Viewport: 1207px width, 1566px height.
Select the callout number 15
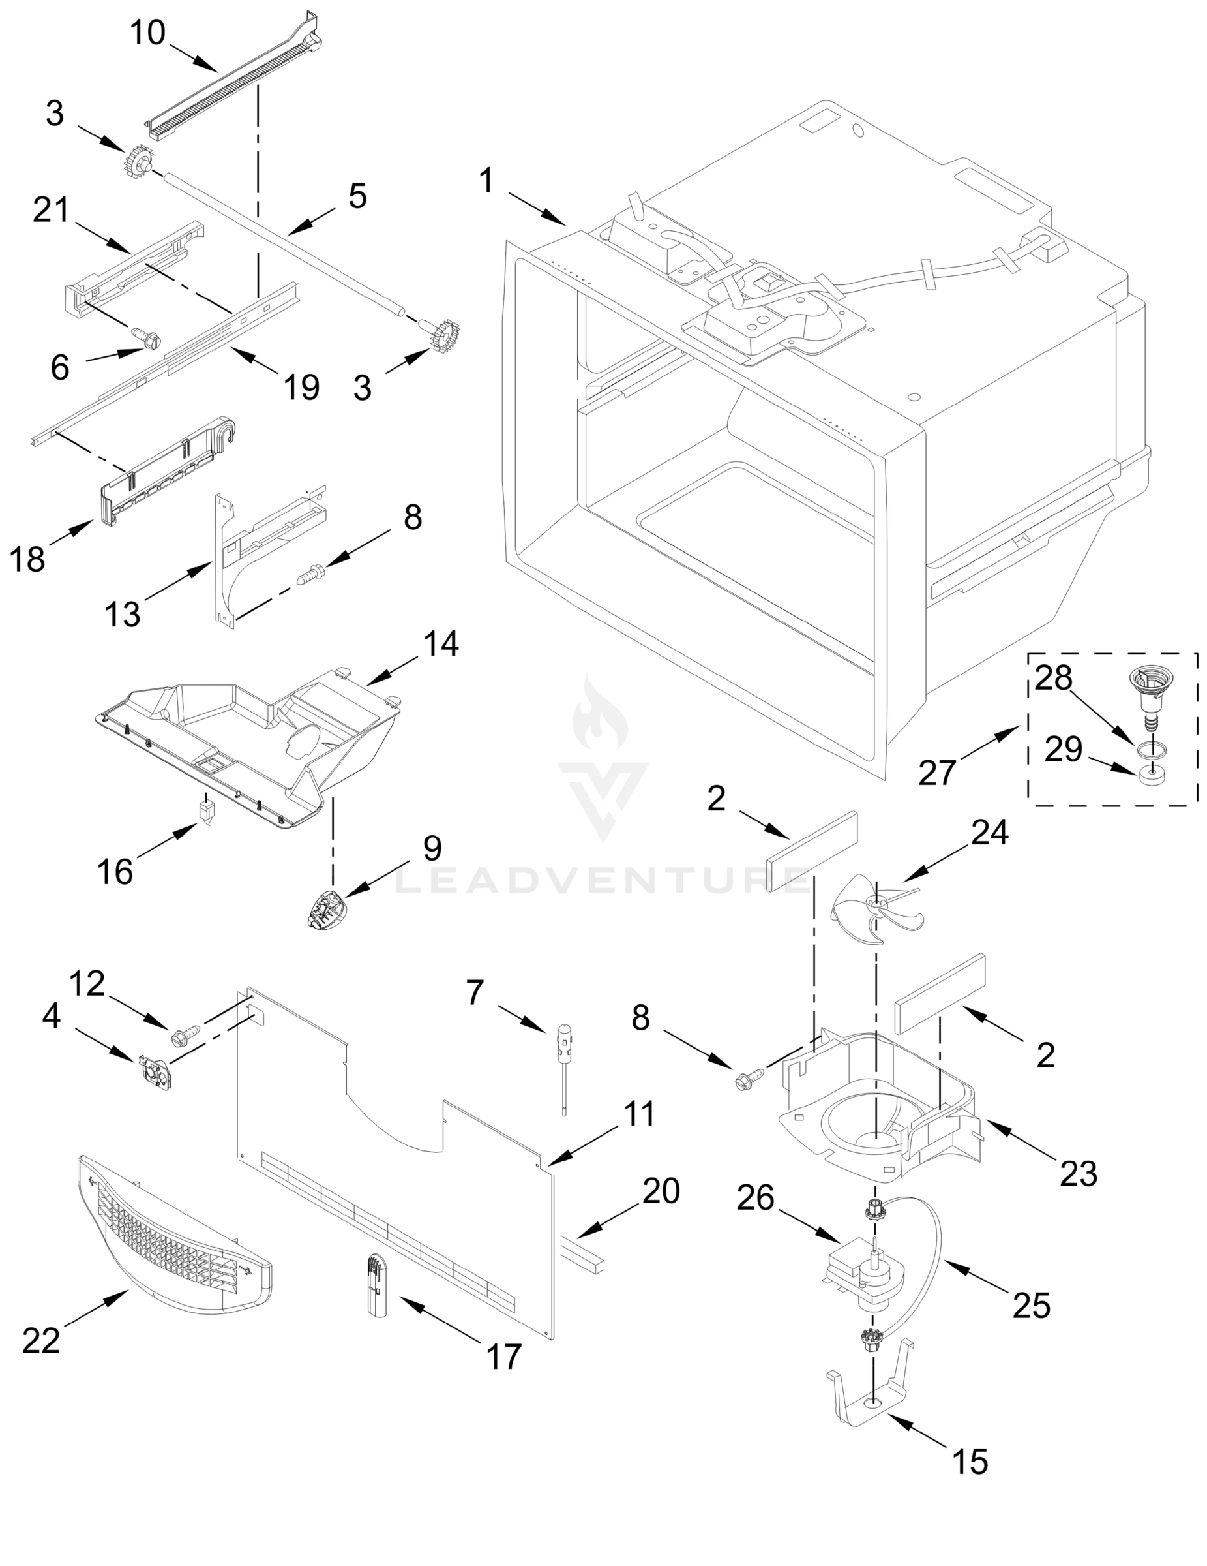coord(970,1462)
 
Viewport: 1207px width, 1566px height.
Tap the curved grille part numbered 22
coord(175,1238)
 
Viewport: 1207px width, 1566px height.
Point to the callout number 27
coord(938,773)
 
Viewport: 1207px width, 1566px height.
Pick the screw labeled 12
coord(180,1037)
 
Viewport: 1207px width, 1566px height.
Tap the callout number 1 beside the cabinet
coord(486,180)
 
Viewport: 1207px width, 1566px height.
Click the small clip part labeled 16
coord(207,812)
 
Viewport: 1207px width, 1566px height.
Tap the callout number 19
coord(301,388)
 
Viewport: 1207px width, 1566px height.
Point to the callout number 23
coord(1078,1174)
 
